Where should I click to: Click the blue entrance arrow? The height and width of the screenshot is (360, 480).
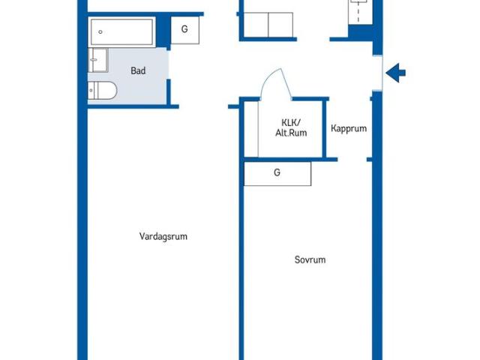(396, 73)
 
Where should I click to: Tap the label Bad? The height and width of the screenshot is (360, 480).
(138, 71)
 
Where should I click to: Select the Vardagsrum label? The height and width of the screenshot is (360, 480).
(163, 236)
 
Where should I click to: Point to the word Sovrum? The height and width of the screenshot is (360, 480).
(310, 260)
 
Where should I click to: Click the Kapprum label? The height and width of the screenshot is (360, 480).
(349, 128)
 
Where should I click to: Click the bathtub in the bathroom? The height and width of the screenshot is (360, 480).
(122, 32)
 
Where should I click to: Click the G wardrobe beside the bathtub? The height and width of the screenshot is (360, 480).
(184, 30)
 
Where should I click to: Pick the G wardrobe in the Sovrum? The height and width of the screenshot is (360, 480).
(277, 173)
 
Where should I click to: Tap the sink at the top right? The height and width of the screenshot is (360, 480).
(360, 11)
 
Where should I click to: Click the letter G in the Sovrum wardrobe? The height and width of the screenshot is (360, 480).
(277, 173)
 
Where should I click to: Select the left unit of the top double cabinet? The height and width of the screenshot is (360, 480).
(255, 25)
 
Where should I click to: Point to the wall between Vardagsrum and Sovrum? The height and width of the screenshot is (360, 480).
(241, 262)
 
